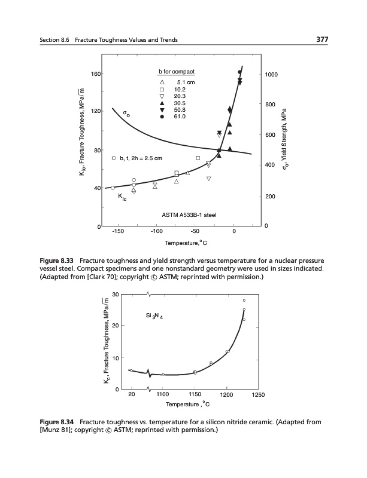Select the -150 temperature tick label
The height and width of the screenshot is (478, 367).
click(x=116, y=231)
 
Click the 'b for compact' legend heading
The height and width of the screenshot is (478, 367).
click(x=177, y=72)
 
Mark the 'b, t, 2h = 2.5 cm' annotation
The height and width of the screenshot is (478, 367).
click(x=138, y=158)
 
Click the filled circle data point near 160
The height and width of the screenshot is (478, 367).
click(x=239, y=72)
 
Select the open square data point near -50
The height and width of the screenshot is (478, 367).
click(x=198, y=158)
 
